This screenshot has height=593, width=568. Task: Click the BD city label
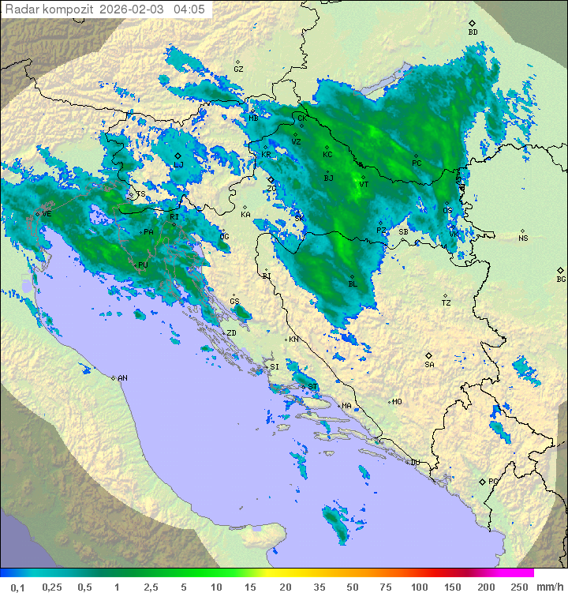click(x=473, y=32)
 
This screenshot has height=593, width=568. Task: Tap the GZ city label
click(x=238, y=69)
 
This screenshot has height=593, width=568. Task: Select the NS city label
click(x=523, y=238)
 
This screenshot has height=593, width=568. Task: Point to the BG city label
click(x=561, y=279)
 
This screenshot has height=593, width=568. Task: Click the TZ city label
click(x=447, y=302)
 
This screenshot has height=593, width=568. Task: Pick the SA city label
click(x=429, y=364)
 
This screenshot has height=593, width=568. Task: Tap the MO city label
click(x=397, y=401)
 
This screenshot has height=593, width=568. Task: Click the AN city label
click(x=122, y=378)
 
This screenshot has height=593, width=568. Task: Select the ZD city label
click(x=232, y=333)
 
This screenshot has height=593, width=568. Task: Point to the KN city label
click(x=293, y=339)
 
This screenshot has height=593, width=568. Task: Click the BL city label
click(x=353, y=283)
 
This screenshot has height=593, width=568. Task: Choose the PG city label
click(x=493, y=481)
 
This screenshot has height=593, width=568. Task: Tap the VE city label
click(x=46, y=214)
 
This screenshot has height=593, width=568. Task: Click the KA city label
click(x=245, y=214)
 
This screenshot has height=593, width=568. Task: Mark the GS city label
click(x=234, y=302)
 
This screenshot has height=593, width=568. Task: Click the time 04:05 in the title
click(x=189, y=9)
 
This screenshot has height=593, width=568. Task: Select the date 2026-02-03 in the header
click(x=133, y=9)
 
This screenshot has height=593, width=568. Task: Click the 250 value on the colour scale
click(x=519, y=587)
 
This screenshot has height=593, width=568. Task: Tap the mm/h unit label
click(x=549, y=587)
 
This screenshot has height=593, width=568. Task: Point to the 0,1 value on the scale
click(x=17, y=587)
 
